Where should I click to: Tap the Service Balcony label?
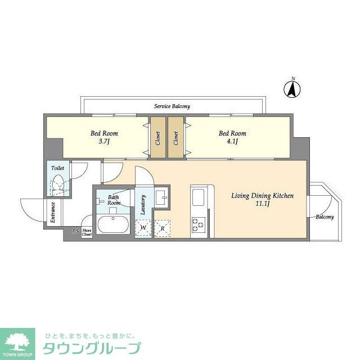pos(172,106)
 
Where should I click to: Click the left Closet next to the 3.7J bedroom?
pos(157,138)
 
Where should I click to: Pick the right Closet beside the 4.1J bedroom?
pos(176,138)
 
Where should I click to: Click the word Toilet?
pos(57,168)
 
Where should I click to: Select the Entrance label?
pos(53,212)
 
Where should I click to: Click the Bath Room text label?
pos(114,200)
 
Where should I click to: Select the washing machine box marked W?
pos(143,228)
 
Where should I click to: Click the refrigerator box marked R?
pos(162,228)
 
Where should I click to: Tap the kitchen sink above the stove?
pos(199,198)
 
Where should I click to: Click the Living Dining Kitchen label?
pos(263,196)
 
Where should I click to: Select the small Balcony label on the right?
pos(324,217)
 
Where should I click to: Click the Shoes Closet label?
pos(87,232)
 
